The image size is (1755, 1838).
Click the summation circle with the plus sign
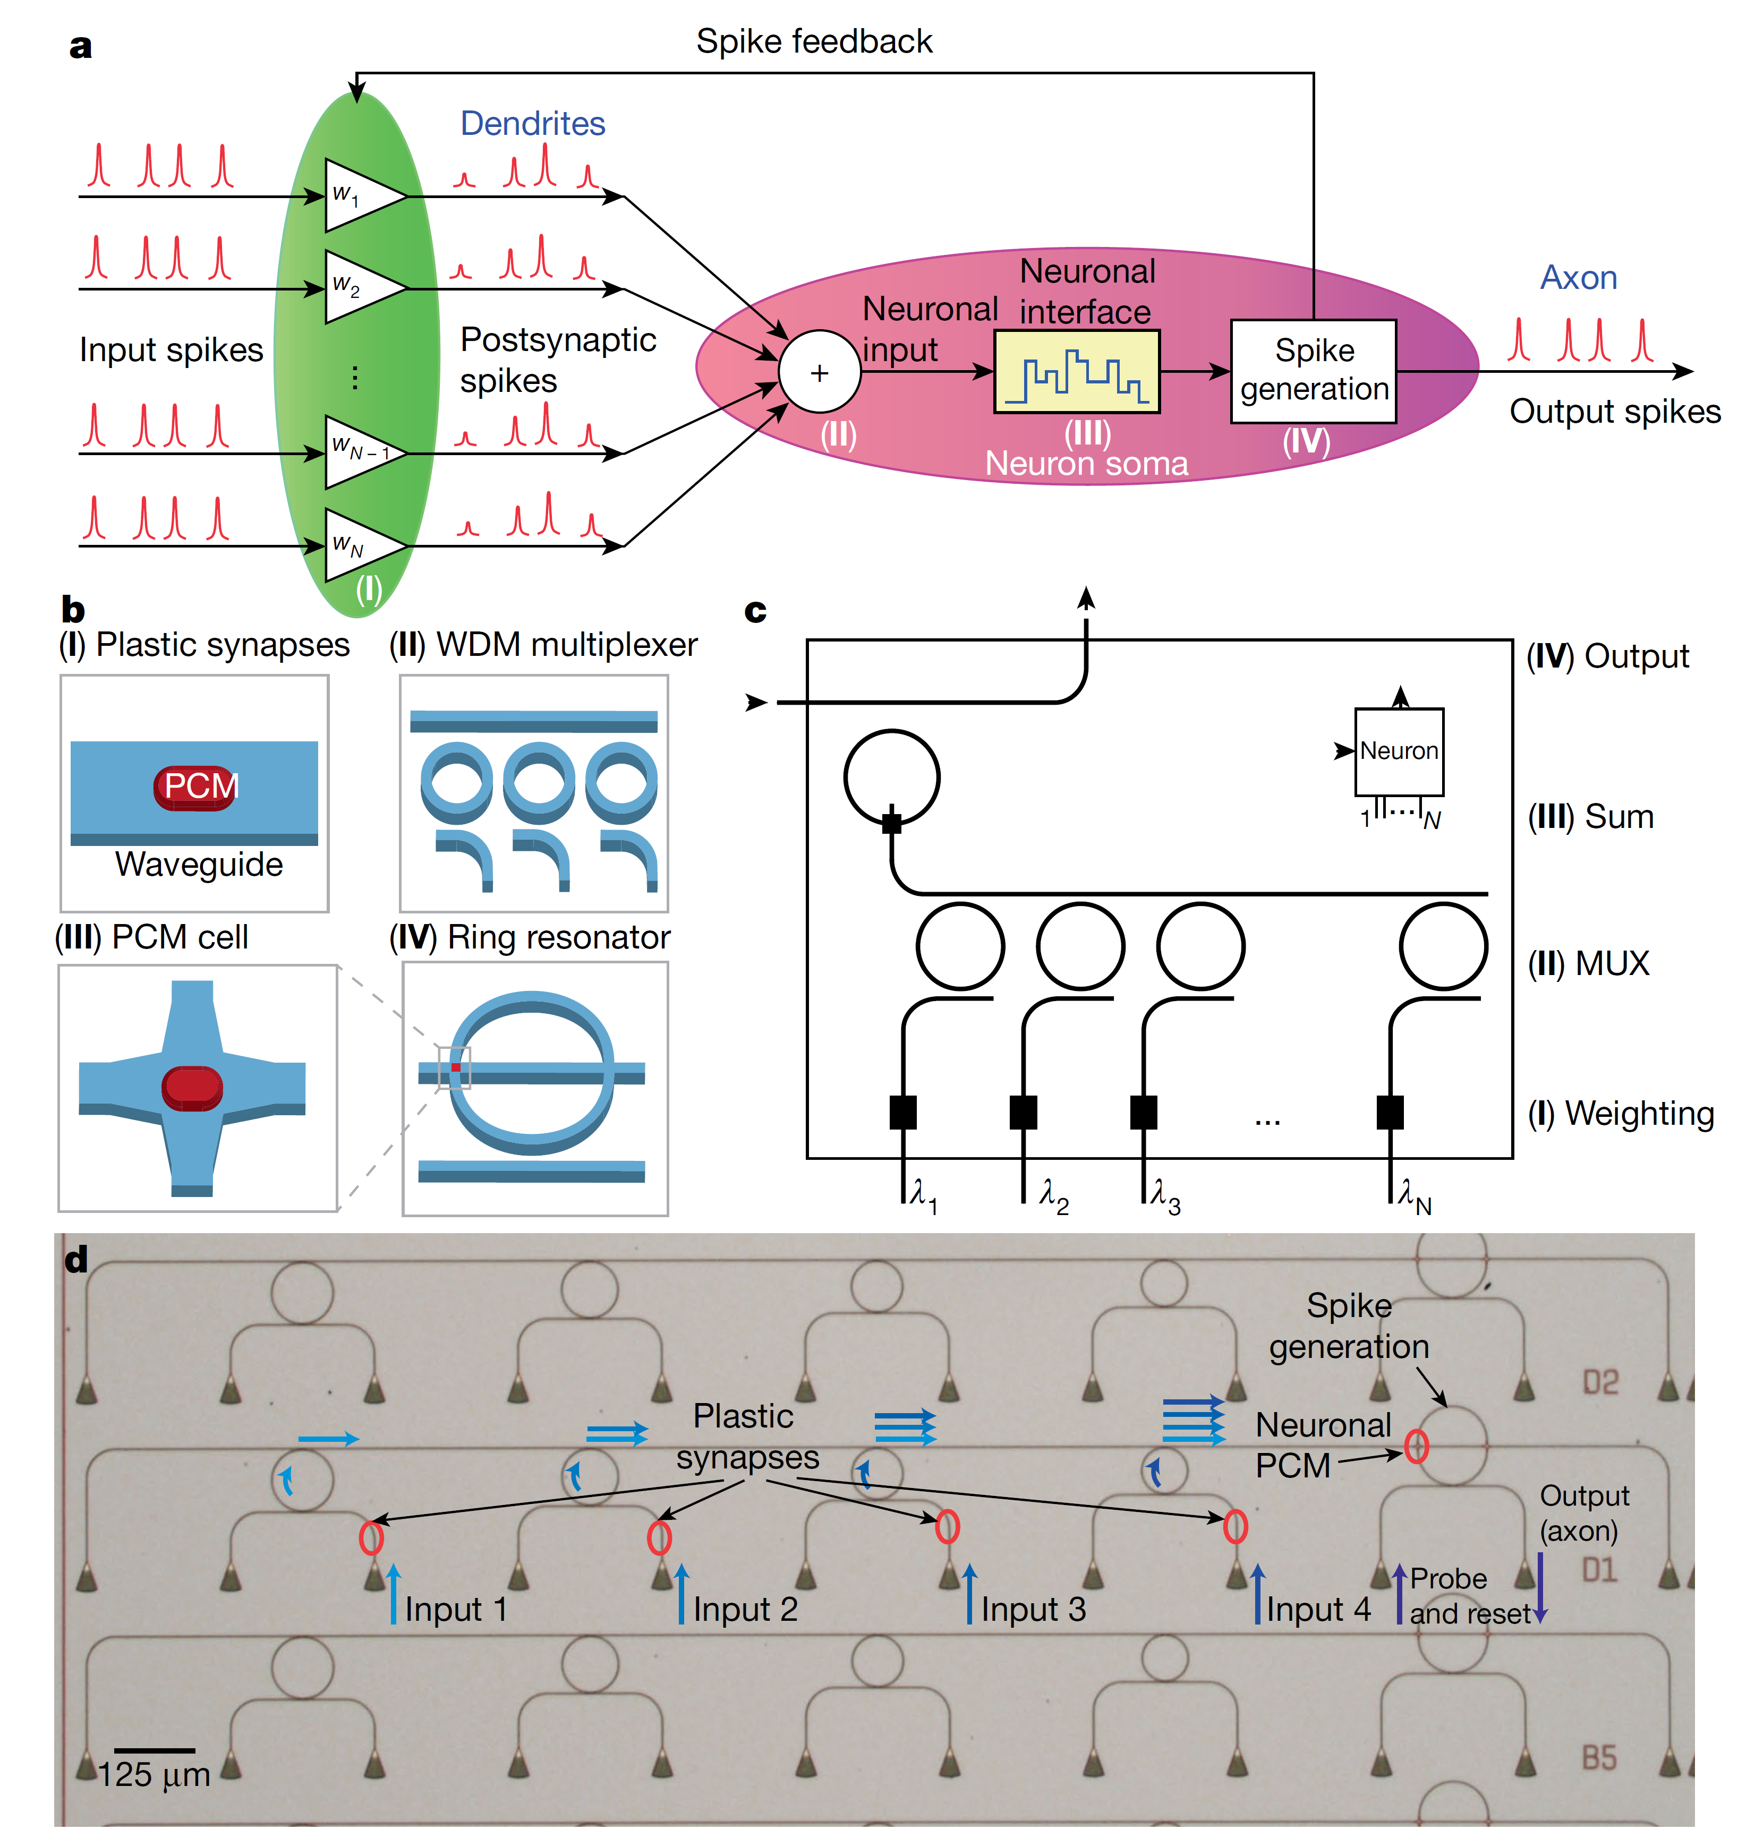(820, 372)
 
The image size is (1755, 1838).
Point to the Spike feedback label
(814, 41)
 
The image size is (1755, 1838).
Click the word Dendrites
(532, 123)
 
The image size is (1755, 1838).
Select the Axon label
(1578, 278)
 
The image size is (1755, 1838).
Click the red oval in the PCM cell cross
(192, 1088)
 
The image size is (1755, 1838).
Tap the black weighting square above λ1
(903, 1112)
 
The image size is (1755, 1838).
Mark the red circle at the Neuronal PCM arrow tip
(1416, 1446)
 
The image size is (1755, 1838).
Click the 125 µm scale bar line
(155, 1750)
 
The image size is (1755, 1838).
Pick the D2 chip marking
(1600, 1382)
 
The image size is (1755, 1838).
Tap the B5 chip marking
(1599, 1758)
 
